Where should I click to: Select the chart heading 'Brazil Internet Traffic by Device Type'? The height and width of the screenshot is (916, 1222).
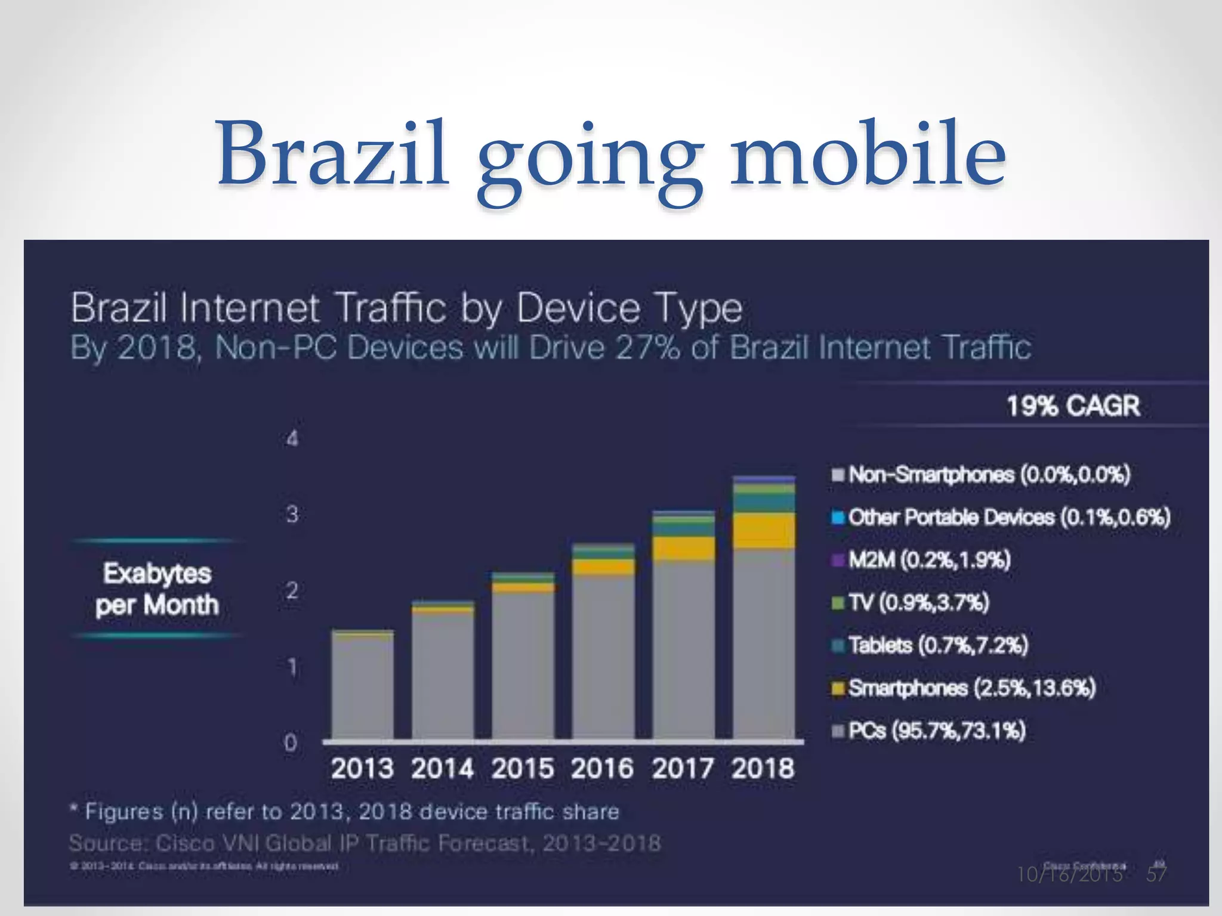point(406,308)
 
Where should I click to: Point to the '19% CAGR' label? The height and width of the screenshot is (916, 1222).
point(1073,406)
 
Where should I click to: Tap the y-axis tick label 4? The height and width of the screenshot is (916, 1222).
point(292,439)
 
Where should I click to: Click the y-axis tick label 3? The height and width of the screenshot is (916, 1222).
point(292,514)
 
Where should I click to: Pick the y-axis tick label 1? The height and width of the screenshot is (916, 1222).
point(292,667)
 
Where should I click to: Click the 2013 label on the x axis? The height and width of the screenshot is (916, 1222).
point(362,768)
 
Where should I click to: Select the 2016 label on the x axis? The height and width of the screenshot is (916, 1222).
point(602,768)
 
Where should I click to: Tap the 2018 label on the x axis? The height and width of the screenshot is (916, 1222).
point(763,768)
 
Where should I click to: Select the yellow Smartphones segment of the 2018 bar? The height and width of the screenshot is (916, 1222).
point(764,531)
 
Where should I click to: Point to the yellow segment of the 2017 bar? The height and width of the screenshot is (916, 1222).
point(683,548)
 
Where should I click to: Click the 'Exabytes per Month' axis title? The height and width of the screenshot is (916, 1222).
point(157,589)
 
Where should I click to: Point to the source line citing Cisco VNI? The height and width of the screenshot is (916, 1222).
point(365,843)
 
